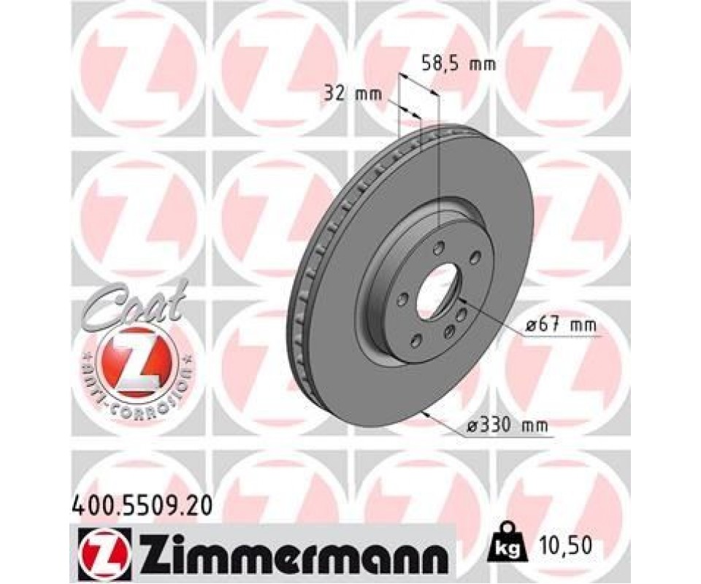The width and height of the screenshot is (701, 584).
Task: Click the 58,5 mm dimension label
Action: [x=459, y=64]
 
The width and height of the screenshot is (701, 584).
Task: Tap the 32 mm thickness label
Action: [x=353, y=95]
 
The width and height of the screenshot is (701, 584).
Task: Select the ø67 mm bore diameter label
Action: [x=561, y=325]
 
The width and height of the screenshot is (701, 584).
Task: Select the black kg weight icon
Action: [x=509, y=545]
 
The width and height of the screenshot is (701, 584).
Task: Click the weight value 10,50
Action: [x=565, y=545]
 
